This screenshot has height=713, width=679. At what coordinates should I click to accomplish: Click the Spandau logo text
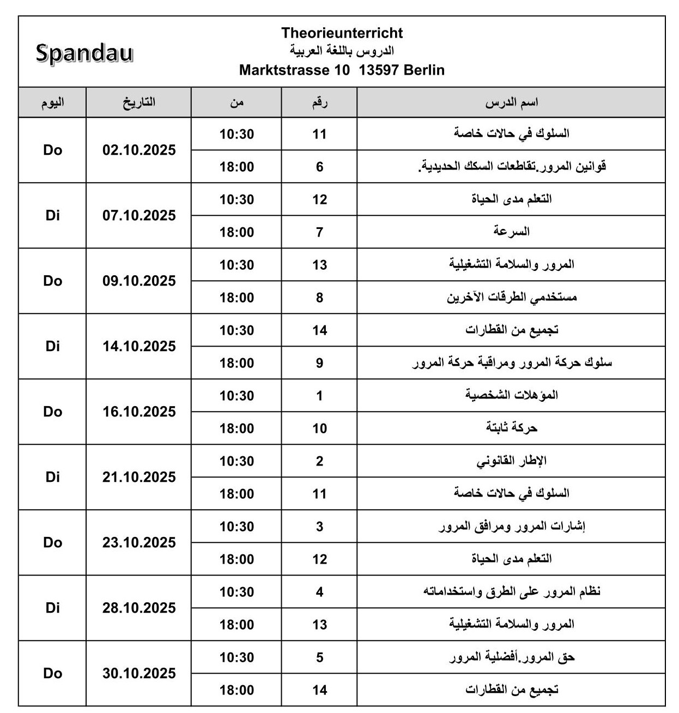click(84, 53)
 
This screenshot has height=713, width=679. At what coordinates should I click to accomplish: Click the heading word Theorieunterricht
click(342, 33)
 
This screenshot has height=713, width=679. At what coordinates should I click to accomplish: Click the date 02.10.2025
click(139, 150)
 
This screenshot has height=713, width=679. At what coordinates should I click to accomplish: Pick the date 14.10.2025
click(139, 347)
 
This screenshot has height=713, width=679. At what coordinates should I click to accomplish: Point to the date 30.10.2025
click(139, 674)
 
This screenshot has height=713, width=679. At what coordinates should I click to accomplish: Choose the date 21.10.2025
click(139, 478)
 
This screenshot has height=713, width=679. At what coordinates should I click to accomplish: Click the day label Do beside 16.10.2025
click(52, 412)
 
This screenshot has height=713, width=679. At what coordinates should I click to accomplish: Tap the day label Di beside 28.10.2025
click(52, 608)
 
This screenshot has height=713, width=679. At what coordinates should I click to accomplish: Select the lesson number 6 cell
click(319, 167)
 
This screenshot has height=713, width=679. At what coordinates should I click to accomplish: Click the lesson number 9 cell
click(319, 363)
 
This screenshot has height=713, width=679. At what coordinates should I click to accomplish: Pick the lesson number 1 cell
click(319, 396)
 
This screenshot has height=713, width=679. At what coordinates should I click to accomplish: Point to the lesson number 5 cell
click(319, 657)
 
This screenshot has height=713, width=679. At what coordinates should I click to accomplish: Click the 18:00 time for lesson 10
click(237, 428)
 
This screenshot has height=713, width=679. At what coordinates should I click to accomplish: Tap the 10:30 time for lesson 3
click(237, 527)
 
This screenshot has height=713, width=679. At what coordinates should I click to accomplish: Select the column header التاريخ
click(138, 102)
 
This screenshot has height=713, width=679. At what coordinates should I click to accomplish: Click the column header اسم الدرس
click(511, 102)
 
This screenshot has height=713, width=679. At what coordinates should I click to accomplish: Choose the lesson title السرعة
click(511, 232)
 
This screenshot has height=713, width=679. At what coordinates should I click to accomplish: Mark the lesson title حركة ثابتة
click(511, 428)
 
